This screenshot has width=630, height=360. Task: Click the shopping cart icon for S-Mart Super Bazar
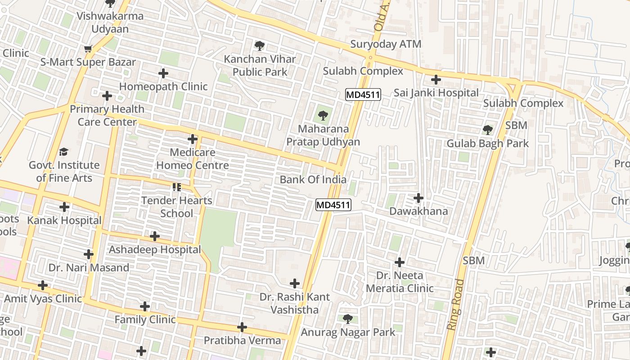click(x=88, y=49)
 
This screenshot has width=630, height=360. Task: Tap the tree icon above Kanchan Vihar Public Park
click(x=259, y=45)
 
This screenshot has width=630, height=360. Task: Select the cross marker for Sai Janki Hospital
click(x=436, y=80)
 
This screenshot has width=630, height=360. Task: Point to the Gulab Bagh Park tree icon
click(x=487, y=130)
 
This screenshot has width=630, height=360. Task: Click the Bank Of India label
click(x=313, y=180)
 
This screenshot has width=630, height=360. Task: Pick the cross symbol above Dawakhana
click(x=418, y=198)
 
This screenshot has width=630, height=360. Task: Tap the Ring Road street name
click(x=455, y=305)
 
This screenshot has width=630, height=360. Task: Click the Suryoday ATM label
click(x=386, y=44)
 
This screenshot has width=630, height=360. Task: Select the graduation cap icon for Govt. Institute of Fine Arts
click(x=64, y=152)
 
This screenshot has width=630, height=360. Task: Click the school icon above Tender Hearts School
click(x=176, y=187)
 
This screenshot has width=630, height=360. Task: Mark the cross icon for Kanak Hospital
click(x=64, y=207)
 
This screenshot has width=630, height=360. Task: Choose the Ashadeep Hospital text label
click(x=155, y=250)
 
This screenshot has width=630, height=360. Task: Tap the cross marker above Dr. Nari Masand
click(x=89, y=254)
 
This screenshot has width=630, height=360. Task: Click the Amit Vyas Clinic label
click(x=43, y=299)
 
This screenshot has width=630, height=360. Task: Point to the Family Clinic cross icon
click(x=145, y=306)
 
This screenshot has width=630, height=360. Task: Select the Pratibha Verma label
click(x=242, y=340)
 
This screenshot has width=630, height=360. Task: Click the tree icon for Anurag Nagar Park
click(x=347, y=319)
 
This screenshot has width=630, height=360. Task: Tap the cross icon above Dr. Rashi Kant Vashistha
click(x=295, y=283)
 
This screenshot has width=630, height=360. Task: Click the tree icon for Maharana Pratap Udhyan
click(x=323, y=116)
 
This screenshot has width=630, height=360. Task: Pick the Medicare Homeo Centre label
click(x=193, y=159)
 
